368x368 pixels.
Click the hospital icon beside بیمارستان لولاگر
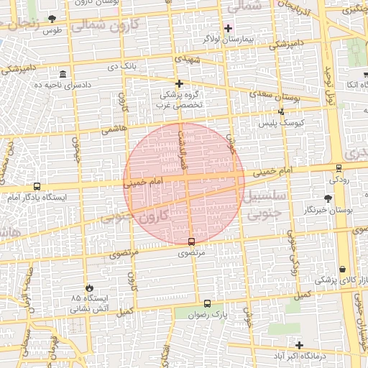click(x=229, y=29)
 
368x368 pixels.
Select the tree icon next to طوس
click(x=51, y=19)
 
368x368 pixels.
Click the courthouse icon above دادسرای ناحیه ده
click(x=63, y=75)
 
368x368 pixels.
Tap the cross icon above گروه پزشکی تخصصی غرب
click(x=180, y=84)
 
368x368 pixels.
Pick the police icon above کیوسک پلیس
click(x=281, y=111)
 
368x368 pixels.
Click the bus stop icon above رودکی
click(x=339, y=168)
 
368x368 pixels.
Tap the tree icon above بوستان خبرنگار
click(x=328, y=198)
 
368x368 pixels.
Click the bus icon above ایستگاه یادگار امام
click(x=37, y=186)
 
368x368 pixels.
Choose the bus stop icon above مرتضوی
click(x=191, y=241)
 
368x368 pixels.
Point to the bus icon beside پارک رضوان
click(x=208, y=304)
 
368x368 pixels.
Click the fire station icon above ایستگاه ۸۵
click(x=88, y=287)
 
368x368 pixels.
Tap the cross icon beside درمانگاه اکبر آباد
click(x=300, y=346)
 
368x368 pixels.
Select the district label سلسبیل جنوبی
click(x=266, y=205)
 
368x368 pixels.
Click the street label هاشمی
click(x=114, y=130)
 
